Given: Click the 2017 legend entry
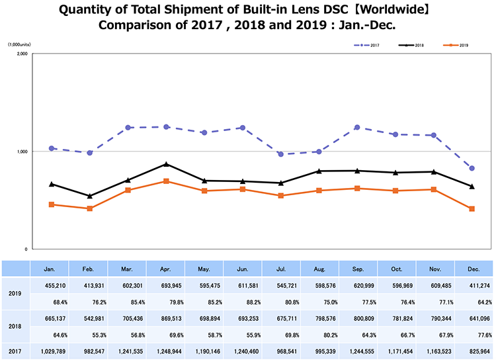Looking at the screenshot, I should (x=368, y=45).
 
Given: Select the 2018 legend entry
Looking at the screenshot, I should (x=414, y=45).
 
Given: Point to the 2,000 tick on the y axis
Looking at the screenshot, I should (x=20, y=55).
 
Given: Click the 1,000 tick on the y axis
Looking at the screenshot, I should (x=20, y=152).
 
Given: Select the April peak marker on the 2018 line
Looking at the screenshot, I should (x=167, y=164).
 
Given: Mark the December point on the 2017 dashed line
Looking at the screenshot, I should (x=472, y=168).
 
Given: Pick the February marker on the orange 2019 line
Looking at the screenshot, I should (x=89, y=208).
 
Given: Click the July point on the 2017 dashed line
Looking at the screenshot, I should (x=280, y=154).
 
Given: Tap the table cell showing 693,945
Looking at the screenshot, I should (x=167, y=285).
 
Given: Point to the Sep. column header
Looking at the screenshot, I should (x=358, y=269).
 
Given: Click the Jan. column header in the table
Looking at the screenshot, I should (x=50, y=269).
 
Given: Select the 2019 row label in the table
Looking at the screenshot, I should (x=16, y=293).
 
